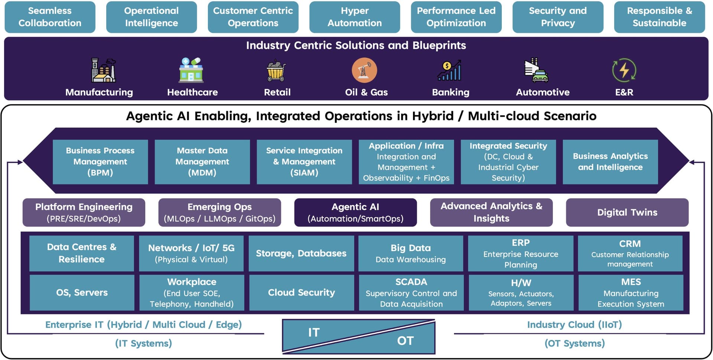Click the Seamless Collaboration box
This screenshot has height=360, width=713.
(50, 17)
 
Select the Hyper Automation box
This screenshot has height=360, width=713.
(354, 17)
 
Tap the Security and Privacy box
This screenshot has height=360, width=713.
(557, 17)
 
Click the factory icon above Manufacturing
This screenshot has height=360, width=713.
(103, 70)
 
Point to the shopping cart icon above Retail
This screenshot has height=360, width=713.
(276, 70)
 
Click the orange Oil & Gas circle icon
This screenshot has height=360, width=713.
(364, 70)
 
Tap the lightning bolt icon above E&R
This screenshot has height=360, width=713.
(624, 70)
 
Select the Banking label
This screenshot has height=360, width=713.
(450, 92)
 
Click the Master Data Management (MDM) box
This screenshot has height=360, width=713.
(202, 162)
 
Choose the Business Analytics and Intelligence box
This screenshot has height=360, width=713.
(610, 162)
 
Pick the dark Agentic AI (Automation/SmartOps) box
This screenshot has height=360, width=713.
(355, 213)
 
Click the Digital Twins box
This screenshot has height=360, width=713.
(627, 213)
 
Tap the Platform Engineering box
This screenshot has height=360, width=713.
(84, 213)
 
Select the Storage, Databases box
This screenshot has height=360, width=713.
(301, 253)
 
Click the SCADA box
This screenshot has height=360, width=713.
(411, 293)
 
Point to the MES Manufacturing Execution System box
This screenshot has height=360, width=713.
(631, 293)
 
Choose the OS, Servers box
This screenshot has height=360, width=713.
(82, 293)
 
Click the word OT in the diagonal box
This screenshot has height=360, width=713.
(405, 341)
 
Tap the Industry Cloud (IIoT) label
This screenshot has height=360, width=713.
(574, 325)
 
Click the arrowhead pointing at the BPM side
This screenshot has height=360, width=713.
(20, 162)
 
